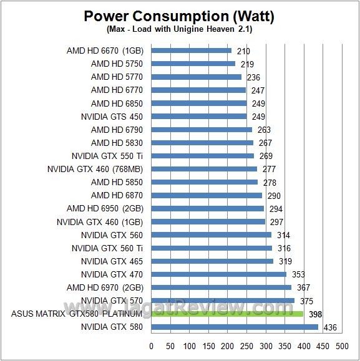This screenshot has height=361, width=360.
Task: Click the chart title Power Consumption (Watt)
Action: [179, 16]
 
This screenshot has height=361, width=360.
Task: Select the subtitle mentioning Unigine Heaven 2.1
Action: [179, 29]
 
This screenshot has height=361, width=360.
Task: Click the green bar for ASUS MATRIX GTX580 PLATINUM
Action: [227, 314]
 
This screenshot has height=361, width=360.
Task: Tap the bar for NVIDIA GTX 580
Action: [235, 327]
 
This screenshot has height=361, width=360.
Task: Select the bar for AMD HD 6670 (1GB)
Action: [192, 51]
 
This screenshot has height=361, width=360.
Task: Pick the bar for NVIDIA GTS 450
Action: [199, 117]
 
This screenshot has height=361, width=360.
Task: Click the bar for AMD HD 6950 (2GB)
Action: [208, 208]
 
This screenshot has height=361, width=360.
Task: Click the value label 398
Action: [316, 314]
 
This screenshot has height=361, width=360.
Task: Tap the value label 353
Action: [296, 274]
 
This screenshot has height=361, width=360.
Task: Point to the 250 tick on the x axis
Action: [246, 345]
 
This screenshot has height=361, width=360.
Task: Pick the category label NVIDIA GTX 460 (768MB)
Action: [95, 169]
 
